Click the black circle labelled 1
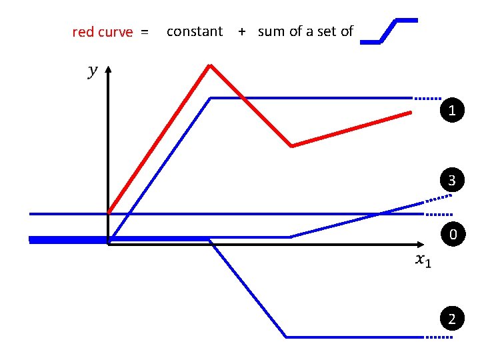click(452, 110)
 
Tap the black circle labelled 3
click(452, 181)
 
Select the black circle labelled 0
click(452, 235)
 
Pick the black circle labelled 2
click(452, 320)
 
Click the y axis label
click(92, 71)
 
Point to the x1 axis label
click(423, 261)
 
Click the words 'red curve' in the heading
click(102, 32)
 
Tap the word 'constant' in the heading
click(195, 31)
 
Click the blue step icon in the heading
click(389, 31)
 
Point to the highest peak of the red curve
click(211, 65)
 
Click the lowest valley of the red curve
click(291, 146)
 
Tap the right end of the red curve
click(410, 113)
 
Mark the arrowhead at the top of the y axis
click(108, 68)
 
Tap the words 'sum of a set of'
click(305, 31)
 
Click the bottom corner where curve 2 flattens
click(287, 337)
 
